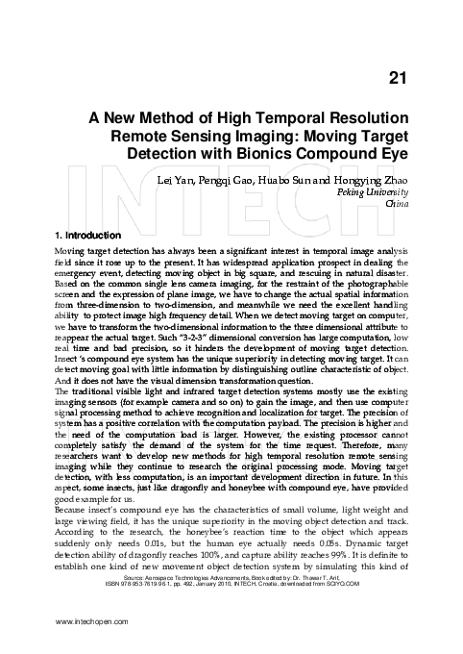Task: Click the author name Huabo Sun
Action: [x=311, y=179]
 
